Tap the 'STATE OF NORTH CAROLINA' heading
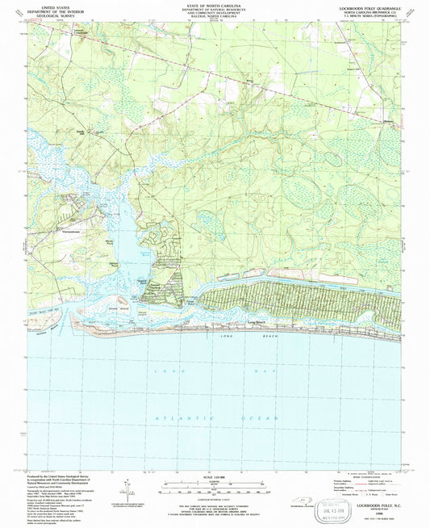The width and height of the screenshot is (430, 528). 214,6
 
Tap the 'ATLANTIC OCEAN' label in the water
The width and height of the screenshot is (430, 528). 215,417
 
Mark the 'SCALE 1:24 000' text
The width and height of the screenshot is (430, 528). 214,477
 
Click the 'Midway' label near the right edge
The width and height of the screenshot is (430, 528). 390,122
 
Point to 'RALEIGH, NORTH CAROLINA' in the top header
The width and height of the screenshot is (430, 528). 214,19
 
